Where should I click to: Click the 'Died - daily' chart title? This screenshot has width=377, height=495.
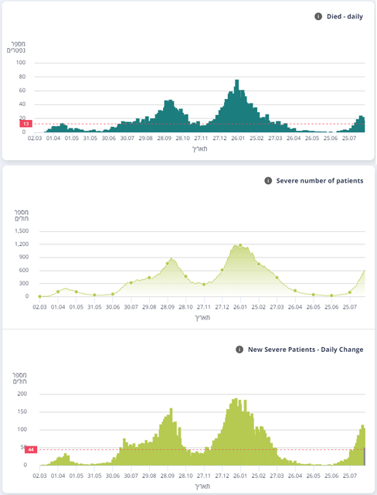point(345,16)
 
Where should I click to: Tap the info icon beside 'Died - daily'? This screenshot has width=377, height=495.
point(318,16)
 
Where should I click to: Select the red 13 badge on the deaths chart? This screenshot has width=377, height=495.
point(25,124)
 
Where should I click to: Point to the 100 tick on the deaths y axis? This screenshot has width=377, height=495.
point(21,63)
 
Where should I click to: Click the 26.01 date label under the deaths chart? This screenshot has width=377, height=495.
point(238,138)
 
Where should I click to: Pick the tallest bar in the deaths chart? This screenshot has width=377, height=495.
point(236,106)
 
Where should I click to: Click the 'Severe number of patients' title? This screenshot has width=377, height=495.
point(320,181)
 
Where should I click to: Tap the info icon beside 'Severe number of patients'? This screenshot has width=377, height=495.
point(268,181)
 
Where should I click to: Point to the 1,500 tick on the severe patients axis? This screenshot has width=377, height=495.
point(22,231)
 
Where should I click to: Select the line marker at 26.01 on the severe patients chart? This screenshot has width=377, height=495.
point(240,245)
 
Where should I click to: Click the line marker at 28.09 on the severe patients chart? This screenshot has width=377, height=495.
point(168,264)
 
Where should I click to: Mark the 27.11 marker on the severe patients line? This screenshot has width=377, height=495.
point(204,285)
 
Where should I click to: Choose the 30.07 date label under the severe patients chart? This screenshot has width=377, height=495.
point(131,307)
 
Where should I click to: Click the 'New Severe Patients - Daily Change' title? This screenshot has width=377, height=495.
point(305,350)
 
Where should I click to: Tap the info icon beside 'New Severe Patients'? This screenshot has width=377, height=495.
point(239,350)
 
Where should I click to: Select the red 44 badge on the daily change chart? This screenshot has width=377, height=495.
point(31,449)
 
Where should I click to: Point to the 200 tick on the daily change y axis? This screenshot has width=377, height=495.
point(22,394)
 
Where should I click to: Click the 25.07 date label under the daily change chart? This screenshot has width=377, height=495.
point(350,476)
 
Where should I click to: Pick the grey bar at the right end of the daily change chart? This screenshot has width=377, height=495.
point(365,456)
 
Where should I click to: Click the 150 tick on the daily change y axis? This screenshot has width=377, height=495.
point(22,411)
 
